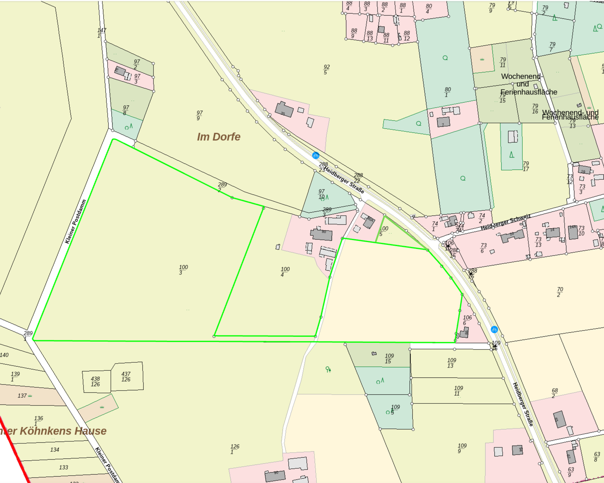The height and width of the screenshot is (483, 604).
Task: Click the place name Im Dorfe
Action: click(x=219, y=137)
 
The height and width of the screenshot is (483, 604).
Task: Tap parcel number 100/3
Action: click(x=183, y=270)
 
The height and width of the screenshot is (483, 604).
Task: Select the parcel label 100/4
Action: click(x=285, y=272)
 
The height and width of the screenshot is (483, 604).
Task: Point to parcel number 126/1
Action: click(x=234, y=449)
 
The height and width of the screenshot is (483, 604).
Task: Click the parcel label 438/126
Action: click(x=96, y=381)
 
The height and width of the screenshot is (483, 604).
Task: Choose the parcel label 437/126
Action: click(x=126, y=377)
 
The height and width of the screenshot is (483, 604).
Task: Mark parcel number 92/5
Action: click(x=326, y=70)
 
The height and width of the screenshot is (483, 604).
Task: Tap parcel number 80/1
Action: click(x=448, y=92)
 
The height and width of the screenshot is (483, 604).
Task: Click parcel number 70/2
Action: click(x=560, y=292)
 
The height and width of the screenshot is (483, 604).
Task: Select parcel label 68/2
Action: click(x=555, y=393)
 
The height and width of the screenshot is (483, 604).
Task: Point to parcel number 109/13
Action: click(x=451, y=363)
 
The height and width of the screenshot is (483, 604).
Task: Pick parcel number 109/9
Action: click(x=462, y=448)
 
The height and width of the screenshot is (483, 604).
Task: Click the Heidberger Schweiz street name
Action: click(x=505, y=222)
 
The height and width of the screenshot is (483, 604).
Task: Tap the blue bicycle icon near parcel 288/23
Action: click(x=315, y=156)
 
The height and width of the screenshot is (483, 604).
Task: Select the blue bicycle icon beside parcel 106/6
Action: click(x=494, y=329)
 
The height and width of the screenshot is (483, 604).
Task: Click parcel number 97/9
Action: click(x=199, y=115)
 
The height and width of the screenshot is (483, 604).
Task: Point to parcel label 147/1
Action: click(x=102, y=33)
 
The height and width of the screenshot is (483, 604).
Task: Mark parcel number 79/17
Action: click(x=526, y=166)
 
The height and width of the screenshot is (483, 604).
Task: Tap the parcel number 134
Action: click(x=55, y=449)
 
